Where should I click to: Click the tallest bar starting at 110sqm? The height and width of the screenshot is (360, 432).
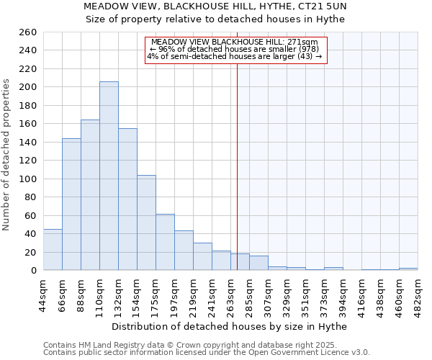tap(109, 176)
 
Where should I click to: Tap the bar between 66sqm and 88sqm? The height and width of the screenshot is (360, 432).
tap(71, 204)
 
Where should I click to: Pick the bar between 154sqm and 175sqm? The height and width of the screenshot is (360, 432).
tap(146, 222)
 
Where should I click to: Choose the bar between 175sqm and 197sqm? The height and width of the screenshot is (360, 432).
tap(165, 242)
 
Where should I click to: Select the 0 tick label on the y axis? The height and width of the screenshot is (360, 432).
tap(33, 270)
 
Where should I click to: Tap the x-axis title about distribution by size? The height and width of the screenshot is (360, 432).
tap(230, 326)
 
